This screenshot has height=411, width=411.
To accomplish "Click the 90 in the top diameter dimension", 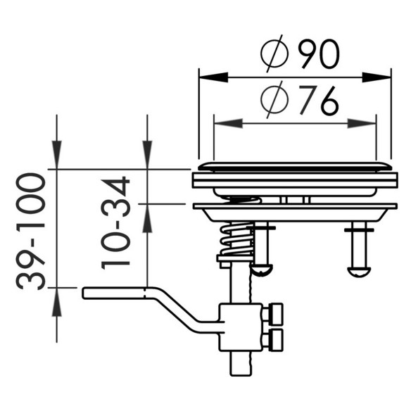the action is click(x=320, y=54).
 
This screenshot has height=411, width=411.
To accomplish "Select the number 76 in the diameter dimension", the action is click(x=317, y=101).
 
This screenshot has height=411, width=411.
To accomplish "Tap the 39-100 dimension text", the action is click(x=31, y=232).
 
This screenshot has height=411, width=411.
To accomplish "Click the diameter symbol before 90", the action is click(x=274, y=53).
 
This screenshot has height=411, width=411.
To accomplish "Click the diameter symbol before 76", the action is click(x=274, y=99).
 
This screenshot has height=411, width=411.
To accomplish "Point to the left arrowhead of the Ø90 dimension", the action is click(x=213, y=77).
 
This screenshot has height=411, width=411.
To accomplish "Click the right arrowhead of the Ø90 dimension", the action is click(x=377, y=77).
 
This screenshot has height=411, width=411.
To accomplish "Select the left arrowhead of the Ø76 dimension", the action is click(x=228, y=123).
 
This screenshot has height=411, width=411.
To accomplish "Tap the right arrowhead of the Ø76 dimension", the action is click(x=362, y=123).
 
